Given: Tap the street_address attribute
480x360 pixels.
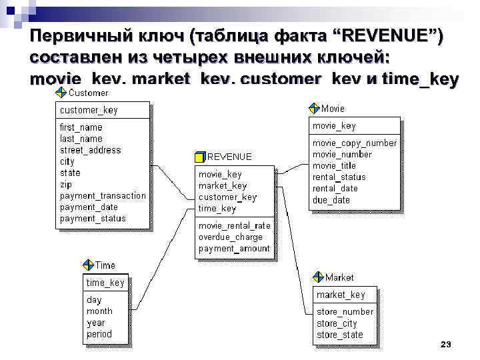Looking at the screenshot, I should pos(91,150).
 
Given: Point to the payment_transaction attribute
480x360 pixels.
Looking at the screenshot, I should pos(103,195).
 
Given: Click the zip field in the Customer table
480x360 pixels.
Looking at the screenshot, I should pos(66,184).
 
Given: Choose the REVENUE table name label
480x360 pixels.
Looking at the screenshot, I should pos(230,157).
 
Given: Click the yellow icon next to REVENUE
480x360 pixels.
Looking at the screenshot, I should pos(200,157).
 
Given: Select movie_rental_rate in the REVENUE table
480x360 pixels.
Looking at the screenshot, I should pos(234,225).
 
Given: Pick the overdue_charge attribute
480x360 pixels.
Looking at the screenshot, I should pos(230,237).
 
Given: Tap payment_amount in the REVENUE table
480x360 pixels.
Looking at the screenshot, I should pos(234,248).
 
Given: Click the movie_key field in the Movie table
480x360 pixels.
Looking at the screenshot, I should pos(334,125).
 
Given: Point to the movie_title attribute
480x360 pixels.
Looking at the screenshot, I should pos(334,165).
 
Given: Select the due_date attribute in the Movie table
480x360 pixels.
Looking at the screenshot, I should pos(331,199).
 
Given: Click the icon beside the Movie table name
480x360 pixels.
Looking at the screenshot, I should pos(315,108).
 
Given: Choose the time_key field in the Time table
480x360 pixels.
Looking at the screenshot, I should pos(105,282).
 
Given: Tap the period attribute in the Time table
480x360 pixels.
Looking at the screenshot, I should pos(99,333).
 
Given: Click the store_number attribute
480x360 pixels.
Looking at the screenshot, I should pos(345,311).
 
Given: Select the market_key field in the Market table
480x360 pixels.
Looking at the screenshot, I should pos(341,294).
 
